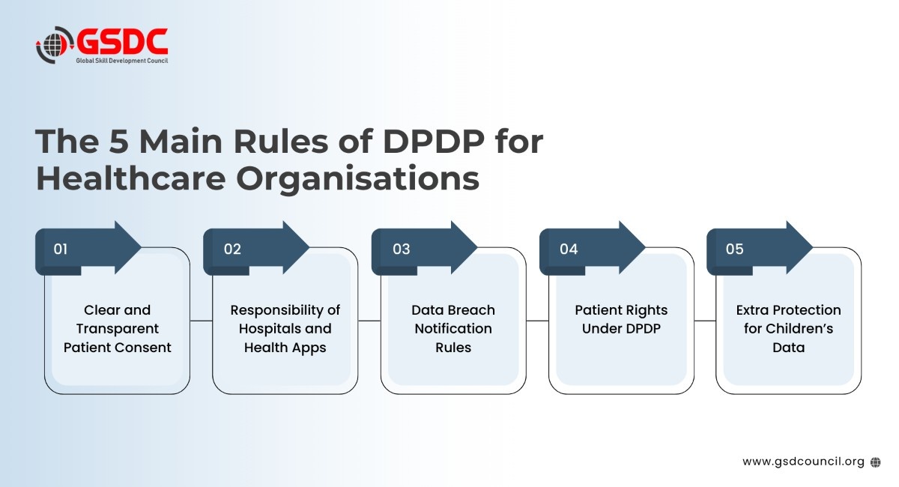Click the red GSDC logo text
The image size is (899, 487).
coord(122,41)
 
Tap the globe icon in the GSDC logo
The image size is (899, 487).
coord(55,45)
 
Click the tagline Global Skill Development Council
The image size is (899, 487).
coord(122,61)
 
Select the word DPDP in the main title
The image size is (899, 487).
coord(434,142)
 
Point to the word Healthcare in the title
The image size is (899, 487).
coord(131,178)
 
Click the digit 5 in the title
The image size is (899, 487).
coord(119,142)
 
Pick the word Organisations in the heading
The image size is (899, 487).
coord(358,179)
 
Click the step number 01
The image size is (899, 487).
coord(60,249)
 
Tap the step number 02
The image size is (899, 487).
coord(232,249)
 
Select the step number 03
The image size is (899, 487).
coord(402,249)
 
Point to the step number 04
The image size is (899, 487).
coord(569,249)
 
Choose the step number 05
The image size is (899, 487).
coord(734,249)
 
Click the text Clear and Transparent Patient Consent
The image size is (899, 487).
coord(117,329)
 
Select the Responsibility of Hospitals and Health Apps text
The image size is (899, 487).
coord(285,329)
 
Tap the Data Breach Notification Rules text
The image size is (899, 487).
coord(453,329)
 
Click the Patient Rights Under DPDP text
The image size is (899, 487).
coord(621,320)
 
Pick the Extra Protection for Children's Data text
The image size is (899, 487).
coord(789,329)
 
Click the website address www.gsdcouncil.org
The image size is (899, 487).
coord(803,462)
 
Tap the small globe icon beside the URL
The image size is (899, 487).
coord(875,462)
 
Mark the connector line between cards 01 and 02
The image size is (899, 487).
coord(201,321)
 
